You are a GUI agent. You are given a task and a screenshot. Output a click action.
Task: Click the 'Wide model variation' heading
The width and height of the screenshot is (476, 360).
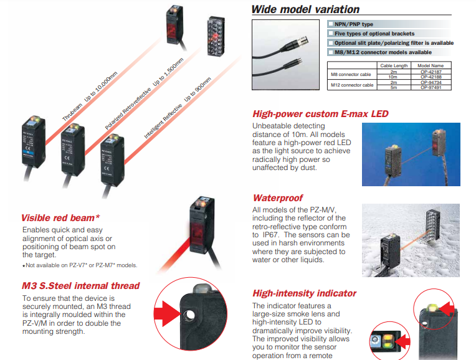click(x=305, y=9)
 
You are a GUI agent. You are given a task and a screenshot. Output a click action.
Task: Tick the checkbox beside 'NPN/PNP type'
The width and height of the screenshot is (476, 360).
click(x=330, y=24)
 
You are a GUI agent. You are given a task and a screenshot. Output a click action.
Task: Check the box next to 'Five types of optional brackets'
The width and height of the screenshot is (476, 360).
click(x=330, y=34)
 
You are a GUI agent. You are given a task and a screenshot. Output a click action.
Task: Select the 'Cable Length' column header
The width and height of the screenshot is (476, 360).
click(x=393, y=65)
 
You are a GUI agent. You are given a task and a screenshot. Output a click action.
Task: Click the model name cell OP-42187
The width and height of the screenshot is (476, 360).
click(x=431, y=72)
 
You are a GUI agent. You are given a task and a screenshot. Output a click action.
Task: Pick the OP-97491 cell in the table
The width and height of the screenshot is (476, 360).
click(x=431, y=87)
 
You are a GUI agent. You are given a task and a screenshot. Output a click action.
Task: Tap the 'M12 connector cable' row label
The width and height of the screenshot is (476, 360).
click(x=352, y=85)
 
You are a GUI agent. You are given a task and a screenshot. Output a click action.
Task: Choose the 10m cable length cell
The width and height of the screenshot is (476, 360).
click(x=393, y=77)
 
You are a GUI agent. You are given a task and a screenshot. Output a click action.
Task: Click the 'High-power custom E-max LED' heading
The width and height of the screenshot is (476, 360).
click(x=320, y=114)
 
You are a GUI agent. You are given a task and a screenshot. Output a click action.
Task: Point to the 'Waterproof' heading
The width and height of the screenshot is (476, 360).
click(x=277, y=198)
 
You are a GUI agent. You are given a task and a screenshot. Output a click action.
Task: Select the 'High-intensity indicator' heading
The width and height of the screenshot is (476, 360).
click(x=304, y=293)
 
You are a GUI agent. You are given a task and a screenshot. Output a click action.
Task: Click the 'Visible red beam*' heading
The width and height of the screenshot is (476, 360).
click(x=60, y=218)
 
